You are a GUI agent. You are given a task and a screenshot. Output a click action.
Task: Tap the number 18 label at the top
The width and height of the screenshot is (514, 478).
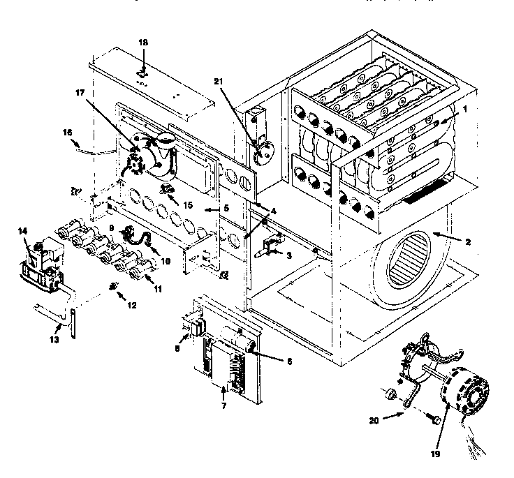pyautogui.click(x=143, y=43)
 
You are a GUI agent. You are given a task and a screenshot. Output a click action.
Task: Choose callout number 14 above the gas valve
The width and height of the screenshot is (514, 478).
pyautogui.click(x=22, y=231)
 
